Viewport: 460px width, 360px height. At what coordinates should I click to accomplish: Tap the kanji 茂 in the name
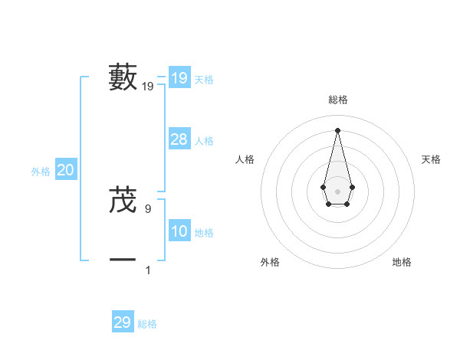[x=123, y=200]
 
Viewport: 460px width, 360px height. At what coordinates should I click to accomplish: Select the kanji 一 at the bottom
[x=123, y=260]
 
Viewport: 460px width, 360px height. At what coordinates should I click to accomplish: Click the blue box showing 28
[x=179, y=139]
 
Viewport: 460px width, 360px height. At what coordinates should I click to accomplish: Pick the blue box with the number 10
[x=179, y=231]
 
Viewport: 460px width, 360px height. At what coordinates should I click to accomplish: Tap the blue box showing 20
[x=65, y=170]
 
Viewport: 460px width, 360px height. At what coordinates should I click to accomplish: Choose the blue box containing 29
[x=122, y=322]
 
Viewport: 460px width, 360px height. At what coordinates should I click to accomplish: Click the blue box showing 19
[x=179, y=78]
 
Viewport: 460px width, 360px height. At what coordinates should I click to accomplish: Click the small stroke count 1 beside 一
[x=148, y=270]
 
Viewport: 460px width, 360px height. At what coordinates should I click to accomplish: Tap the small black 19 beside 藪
[x=148, y=87]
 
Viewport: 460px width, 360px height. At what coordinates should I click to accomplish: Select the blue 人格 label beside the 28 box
[x=204, y=141]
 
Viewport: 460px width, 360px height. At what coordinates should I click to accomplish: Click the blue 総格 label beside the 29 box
[x=147, y=324]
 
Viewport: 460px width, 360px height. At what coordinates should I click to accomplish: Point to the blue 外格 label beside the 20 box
[x=41, y=172]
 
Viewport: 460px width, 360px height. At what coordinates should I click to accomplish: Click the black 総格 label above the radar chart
[x=337, y=100]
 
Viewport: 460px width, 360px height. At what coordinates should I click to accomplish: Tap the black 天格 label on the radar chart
[x=431, y=159]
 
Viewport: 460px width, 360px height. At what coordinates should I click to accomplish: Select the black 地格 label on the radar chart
[x=402, y=262]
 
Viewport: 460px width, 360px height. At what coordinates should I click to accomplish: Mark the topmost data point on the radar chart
[x=337, y=129]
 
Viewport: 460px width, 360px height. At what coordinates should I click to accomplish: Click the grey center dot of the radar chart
[x=337, y=191]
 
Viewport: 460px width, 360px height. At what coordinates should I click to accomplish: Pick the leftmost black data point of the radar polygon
[x=323, y=187]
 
